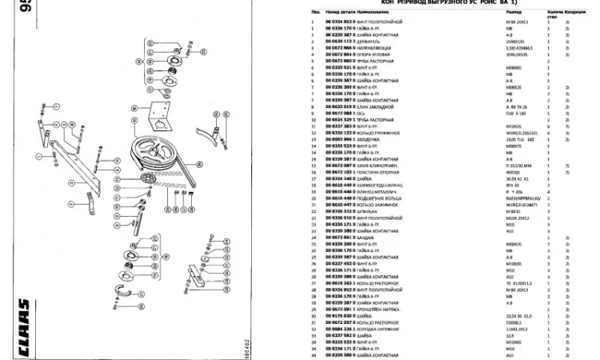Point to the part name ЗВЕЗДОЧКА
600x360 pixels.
(x=370, y=138)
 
